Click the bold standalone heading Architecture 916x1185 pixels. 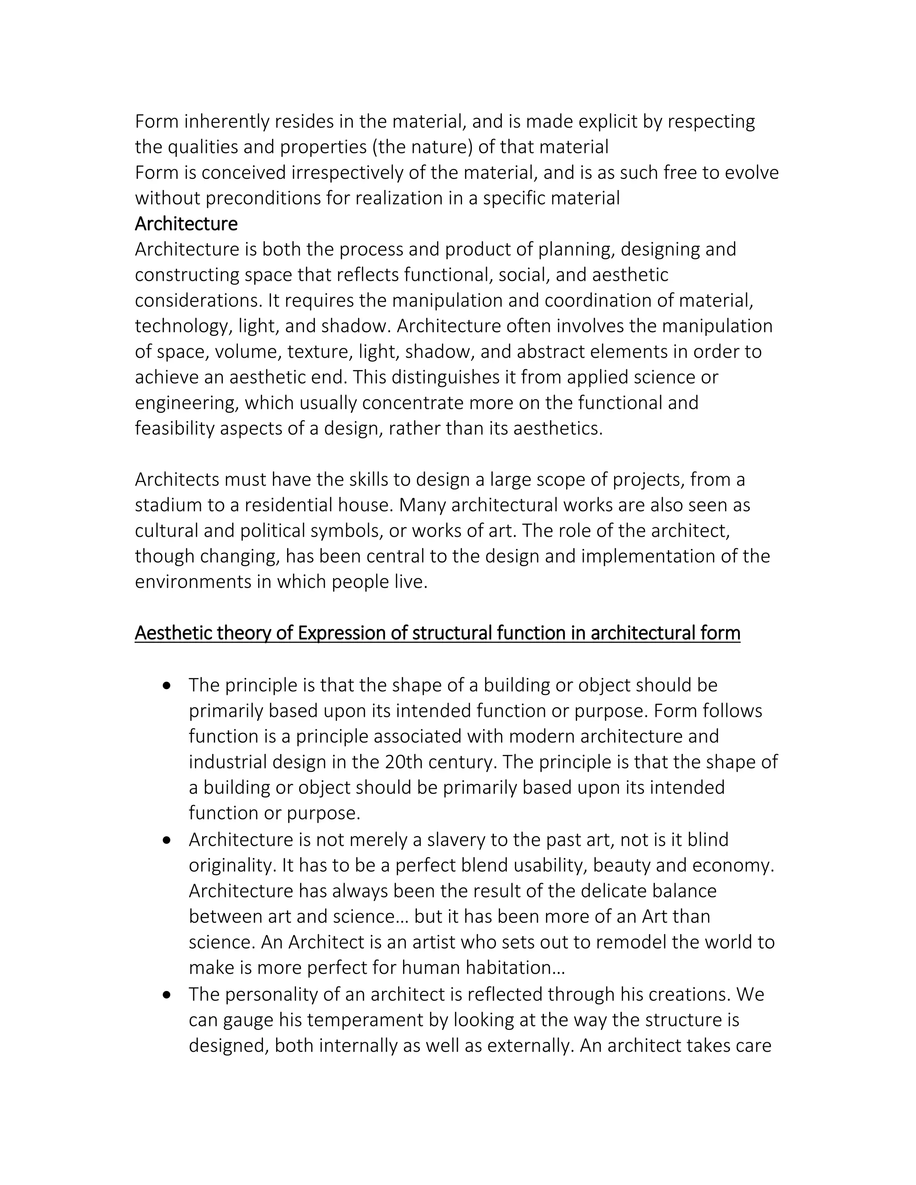point(186,224)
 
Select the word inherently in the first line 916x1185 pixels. point(226,122)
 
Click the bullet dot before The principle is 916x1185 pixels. point(166,686)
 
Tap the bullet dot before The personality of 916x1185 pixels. point(166,995)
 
